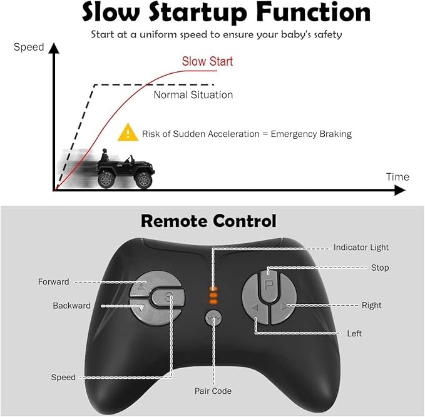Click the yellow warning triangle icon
tap(128, 133)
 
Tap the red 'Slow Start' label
tap(207, 61)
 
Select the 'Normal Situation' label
tap(193, 95)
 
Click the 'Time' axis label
tap(397, 177)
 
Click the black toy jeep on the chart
tap(124, 169)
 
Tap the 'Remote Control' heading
tap(208, 221)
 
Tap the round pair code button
tap(214, 319)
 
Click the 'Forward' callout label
tap(53, 282)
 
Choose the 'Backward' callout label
tap(71, 306)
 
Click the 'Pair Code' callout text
tap(213, 391)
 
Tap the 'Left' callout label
tap(354, 334)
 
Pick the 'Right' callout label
tap(371, 306)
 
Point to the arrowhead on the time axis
tap(399, 190)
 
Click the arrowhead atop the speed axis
tap(55, 47)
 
